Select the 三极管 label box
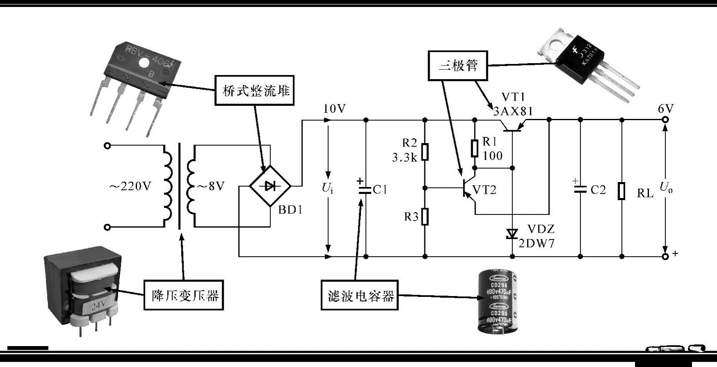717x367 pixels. (458, 65)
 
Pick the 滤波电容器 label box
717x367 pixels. (360, 295)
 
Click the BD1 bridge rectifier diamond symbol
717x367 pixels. (270, 186)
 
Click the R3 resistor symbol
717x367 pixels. (425, 217)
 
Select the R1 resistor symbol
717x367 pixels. (475, 148)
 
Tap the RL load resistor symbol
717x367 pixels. (622, 191)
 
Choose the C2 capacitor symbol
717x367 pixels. (580, 189)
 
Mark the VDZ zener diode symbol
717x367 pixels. (512, 234)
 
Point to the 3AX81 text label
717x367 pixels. (513, 111)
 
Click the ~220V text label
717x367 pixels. (130, 187)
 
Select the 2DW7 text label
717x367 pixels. (537, 244)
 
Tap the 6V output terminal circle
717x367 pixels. (665, 120)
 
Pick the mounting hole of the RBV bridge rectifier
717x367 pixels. (144, 62)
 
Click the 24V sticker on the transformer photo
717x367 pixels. (99, 305)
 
